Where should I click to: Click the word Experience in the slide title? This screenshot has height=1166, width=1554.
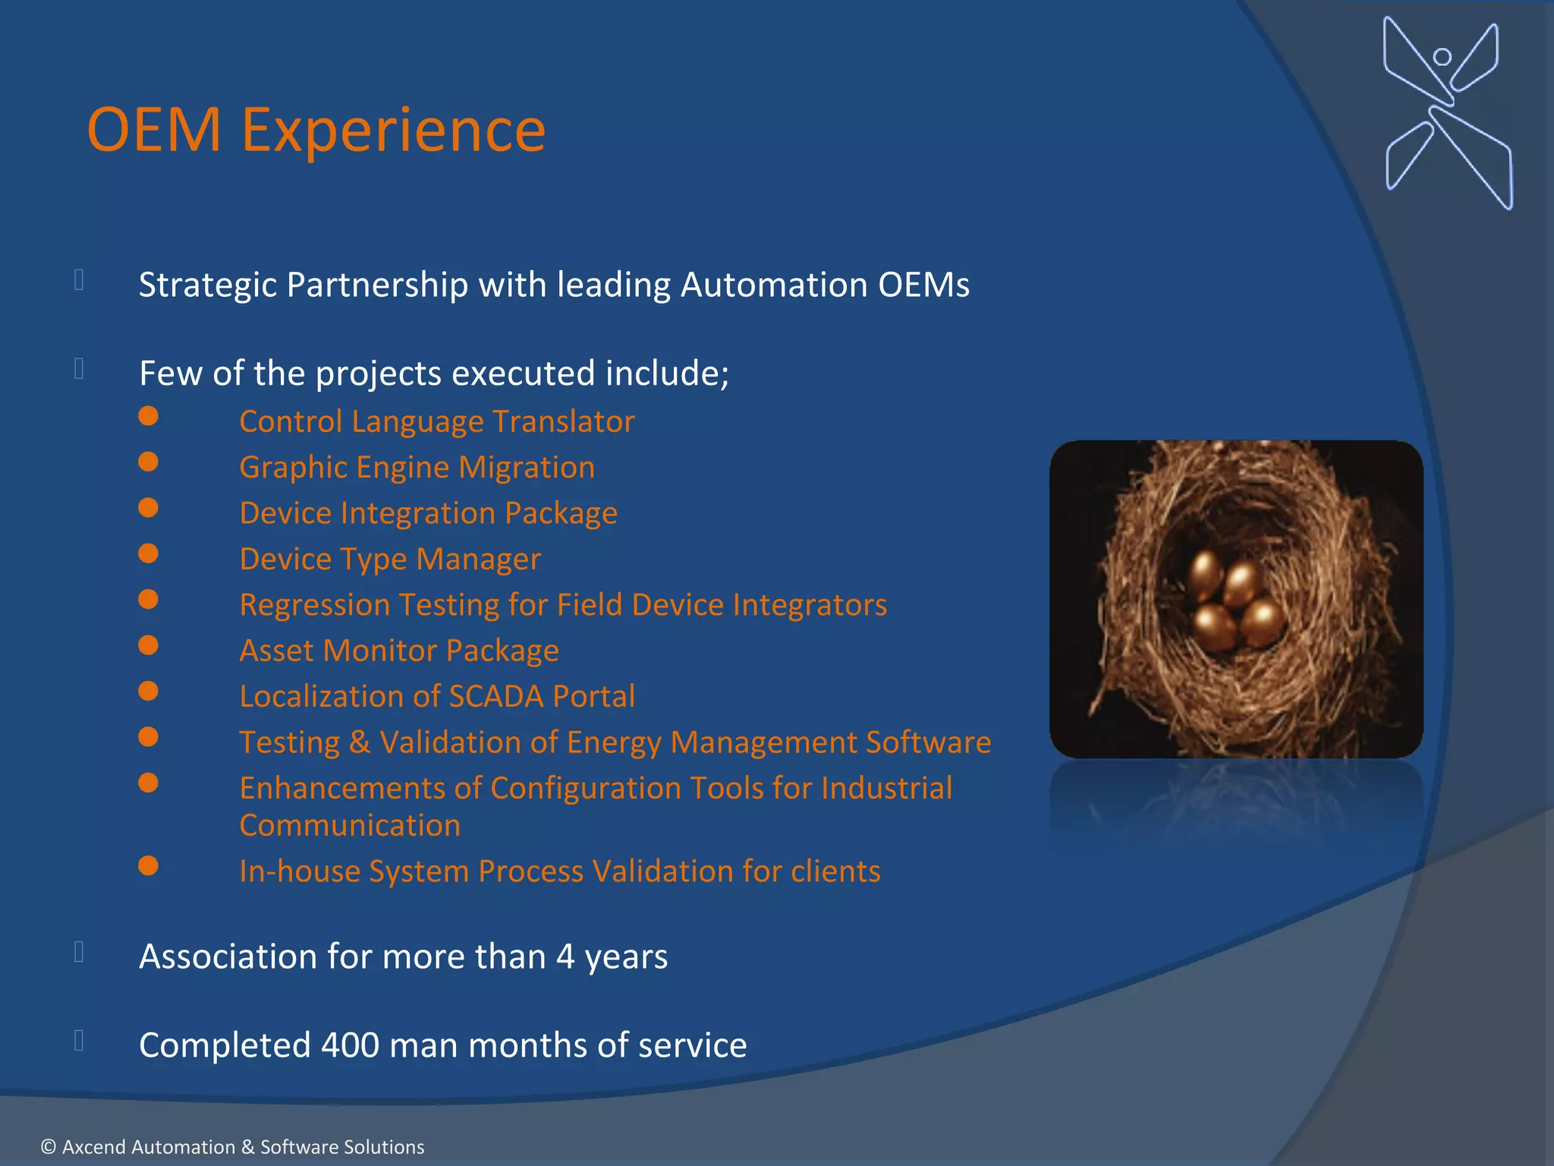tap(393, 131)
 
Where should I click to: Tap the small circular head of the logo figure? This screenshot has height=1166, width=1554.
tap(1442, 57)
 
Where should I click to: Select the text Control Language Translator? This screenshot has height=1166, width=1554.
tap(436, 421)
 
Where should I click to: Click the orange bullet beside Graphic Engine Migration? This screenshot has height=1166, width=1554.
tap(149, 462)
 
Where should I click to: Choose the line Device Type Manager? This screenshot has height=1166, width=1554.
tap(390, 559)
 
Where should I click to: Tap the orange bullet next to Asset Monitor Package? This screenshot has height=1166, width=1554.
tap(149, 645)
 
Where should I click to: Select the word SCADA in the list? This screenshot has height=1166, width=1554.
tap(496, 696)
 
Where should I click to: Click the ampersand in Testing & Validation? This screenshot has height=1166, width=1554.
tap(360, 742)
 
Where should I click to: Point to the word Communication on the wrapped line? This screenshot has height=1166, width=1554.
tap(350, 825)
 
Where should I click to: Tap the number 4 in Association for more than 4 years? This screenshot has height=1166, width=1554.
tap(565, 956)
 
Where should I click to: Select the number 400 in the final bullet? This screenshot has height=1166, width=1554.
tap(350, 1045)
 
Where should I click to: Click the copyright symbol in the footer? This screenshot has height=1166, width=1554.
tap(49, 1147)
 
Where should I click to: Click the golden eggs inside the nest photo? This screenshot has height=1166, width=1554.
tap(1233, 603)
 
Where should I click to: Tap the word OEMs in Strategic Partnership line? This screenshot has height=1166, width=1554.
tap(923, 285)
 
